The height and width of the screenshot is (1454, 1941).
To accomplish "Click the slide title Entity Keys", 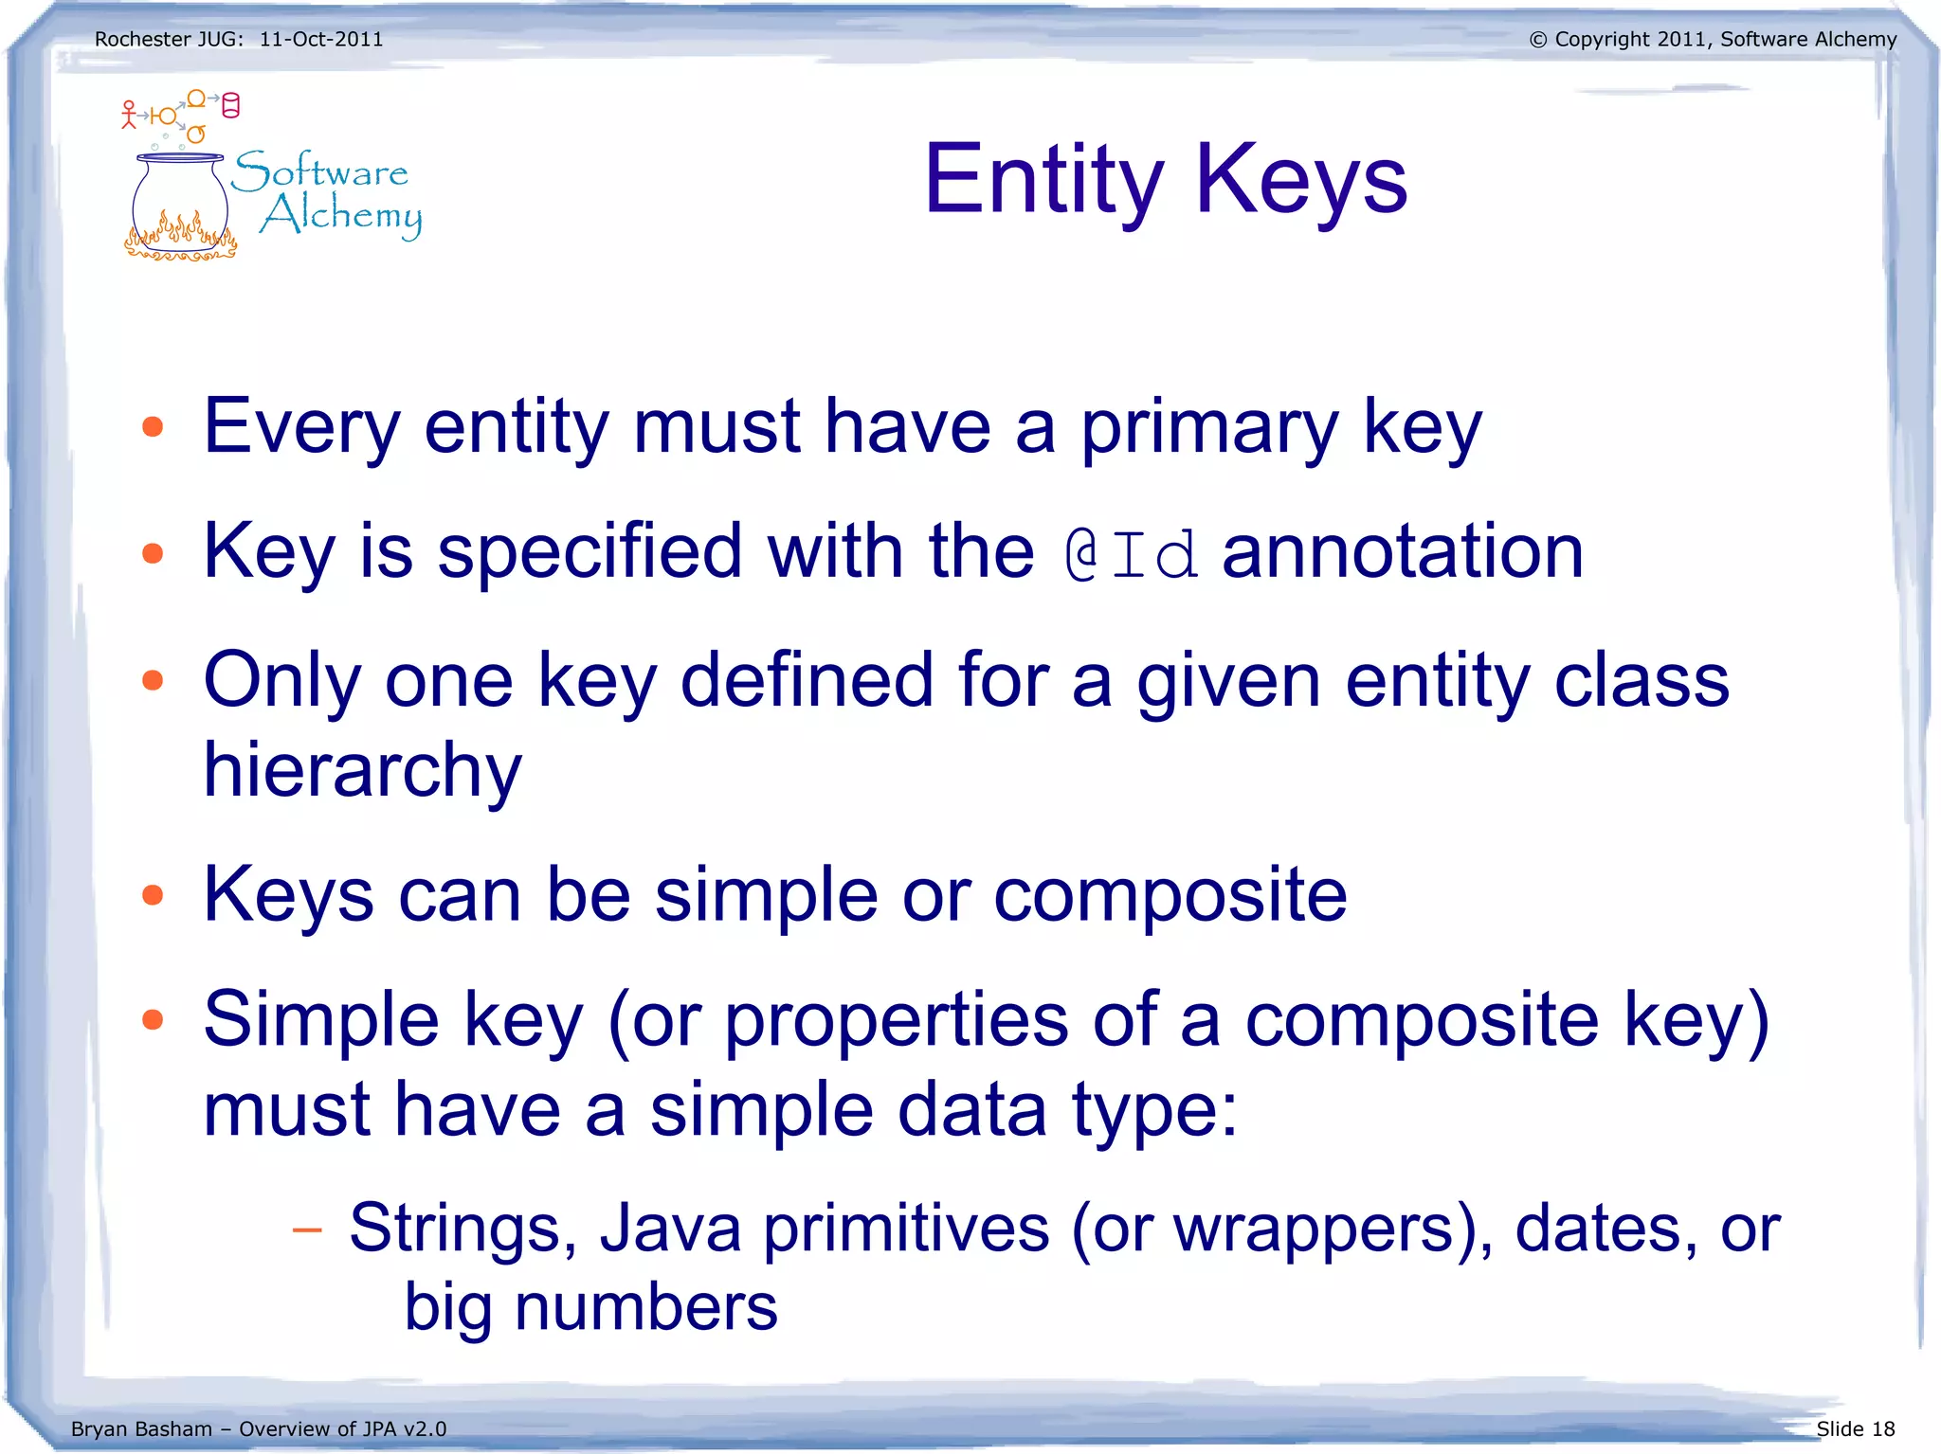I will coord(1165,180).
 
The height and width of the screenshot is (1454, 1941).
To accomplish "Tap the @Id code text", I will coord(1131,555).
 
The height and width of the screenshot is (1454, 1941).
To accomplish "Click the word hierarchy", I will coord(362,770).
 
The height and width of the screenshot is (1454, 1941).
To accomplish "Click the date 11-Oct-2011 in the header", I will coord(321,40).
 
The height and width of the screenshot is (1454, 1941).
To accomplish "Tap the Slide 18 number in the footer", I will coord(1855,1428).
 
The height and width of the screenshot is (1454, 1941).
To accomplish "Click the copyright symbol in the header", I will coord(1537,40).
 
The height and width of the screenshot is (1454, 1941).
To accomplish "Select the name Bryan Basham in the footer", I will coord(141,1428).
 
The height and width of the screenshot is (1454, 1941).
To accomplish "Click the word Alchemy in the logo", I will coord(341,216).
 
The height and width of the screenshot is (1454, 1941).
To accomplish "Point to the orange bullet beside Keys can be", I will coord(153,895).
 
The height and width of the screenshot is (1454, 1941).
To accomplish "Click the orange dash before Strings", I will coord(307,1230).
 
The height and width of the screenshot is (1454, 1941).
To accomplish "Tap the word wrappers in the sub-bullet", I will coord(1315,1229).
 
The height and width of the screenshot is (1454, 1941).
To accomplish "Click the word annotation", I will coord(1402,551).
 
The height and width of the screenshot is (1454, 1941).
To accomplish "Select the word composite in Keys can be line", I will coord(1170,895).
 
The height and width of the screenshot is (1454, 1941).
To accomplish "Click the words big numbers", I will coord(590,1308).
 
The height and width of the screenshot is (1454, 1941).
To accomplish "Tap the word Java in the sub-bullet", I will coord(670,1229).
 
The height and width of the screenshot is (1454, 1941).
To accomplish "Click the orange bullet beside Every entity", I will coord(153,427).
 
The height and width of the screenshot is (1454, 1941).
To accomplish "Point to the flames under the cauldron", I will coord(180,240).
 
